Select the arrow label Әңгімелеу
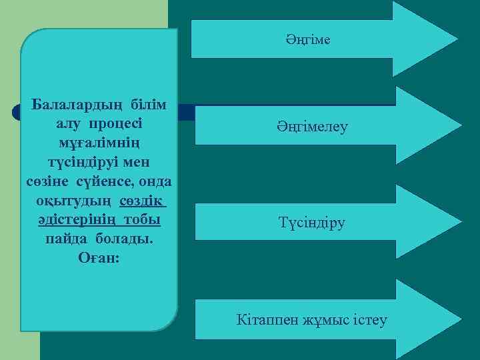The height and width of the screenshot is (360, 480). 313,126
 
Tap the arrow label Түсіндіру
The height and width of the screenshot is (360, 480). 313,223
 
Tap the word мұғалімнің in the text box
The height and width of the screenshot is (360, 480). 99,143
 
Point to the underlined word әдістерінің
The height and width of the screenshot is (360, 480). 73,220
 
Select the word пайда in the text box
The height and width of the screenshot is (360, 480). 67,239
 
